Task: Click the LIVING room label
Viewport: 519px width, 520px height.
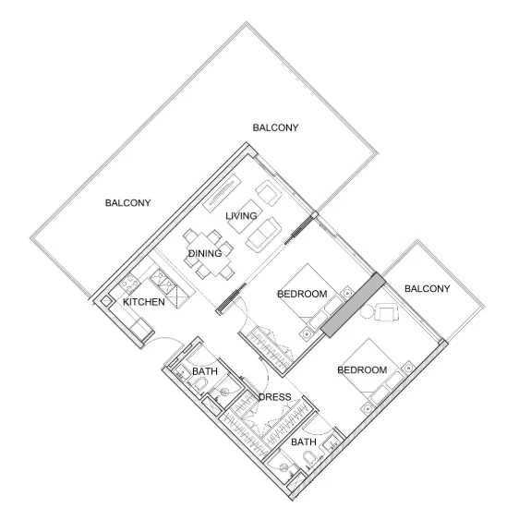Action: coord(241,216)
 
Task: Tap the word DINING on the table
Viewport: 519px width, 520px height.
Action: coord(204,253)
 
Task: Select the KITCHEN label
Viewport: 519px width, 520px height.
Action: coord(144,302)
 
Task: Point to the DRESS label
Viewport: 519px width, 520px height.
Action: coord(275,398)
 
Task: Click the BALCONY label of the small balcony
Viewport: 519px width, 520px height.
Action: coord(428,289)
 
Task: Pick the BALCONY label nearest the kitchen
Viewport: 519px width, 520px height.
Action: coord(127,203)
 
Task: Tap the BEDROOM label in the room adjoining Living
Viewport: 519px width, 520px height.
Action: coord(303,295)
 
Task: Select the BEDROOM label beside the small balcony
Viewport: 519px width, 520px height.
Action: coord(362,370)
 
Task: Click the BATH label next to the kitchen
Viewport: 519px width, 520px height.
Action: coord(204,372)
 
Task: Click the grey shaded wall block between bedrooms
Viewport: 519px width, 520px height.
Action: coord(352,305)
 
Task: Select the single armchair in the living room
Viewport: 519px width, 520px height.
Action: coord(269,193)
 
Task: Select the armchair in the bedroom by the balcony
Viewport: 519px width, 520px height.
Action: coord(386,313)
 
